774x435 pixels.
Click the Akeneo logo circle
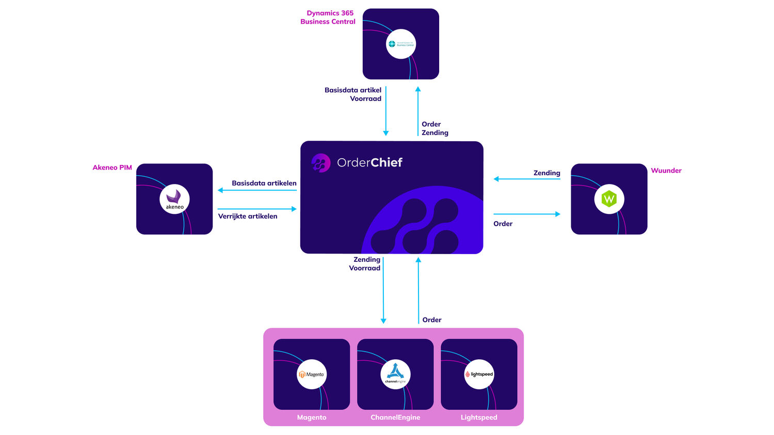pyautogui.click(x=174, y=199)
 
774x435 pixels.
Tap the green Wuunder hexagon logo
pyautogui.click(x=609, y=199)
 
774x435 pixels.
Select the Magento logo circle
pyautogui.click(x=312, y=374)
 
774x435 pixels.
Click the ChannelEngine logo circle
pyautogui.click(x=395, y=374)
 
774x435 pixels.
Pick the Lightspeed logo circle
pyautogui.click(x=479, y=374)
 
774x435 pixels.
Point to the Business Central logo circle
pyautogui.click(x=401, y=44)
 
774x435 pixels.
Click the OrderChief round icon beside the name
pyautogui.click(x=321, y=163)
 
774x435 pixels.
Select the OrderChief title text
pyautogui.click(x=369, y=163)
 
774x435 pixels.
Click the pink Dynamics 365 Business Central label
pyautogui.click(x=328, y=17)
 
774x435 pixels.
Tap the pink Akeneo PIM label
pyautogui.click(x=112, y=168)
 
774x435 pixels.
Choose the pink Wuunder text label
pyautogui.click(x=666, y=171)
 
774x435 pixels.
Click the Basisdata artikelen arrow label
pyautogui.click(x=264, y=183)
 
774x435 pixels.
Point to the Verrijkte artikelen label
pyautogui.click(x=248, y=216)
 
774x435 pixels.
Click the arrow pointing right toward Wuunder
pyautogui.click(x=526, y=214)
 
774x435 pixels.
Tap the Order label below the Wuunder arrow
pyautogui.click(x=503, y=224)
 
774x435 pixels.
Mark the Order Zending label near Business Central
pyautogui.click(x=434, y=128)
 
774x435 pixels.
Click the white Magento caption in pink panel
pyautogui.click(x=312, y=417)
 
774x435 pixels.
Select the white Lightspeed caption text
pyautogui.click(x=479, y=417)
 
